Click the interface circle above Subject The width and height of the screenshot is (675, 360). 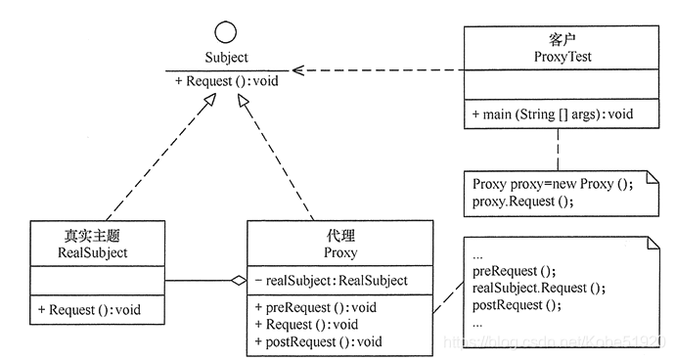click(x=226, y=30)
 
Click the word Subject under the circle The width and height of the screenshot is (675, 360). click(x=226, y=58)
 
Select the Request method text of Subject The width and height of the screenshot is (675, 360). click(x=227, y=81)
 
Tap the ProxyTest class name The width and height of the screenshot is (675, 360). click(x=556, y=57)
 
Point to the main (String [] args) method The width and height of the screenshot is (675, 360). click(x=552, y=114)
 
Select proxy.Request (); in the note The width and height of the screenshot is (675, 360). click(x=521, y=202)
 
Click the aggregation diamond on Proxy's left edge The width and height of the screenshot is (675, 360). click(x=238, y=282)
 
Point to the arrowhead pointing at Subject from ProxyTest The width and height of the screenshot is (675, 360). click(x=299, y=70)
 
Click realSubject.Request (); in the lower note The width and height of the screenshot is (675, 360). click(x=539, y=288)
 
